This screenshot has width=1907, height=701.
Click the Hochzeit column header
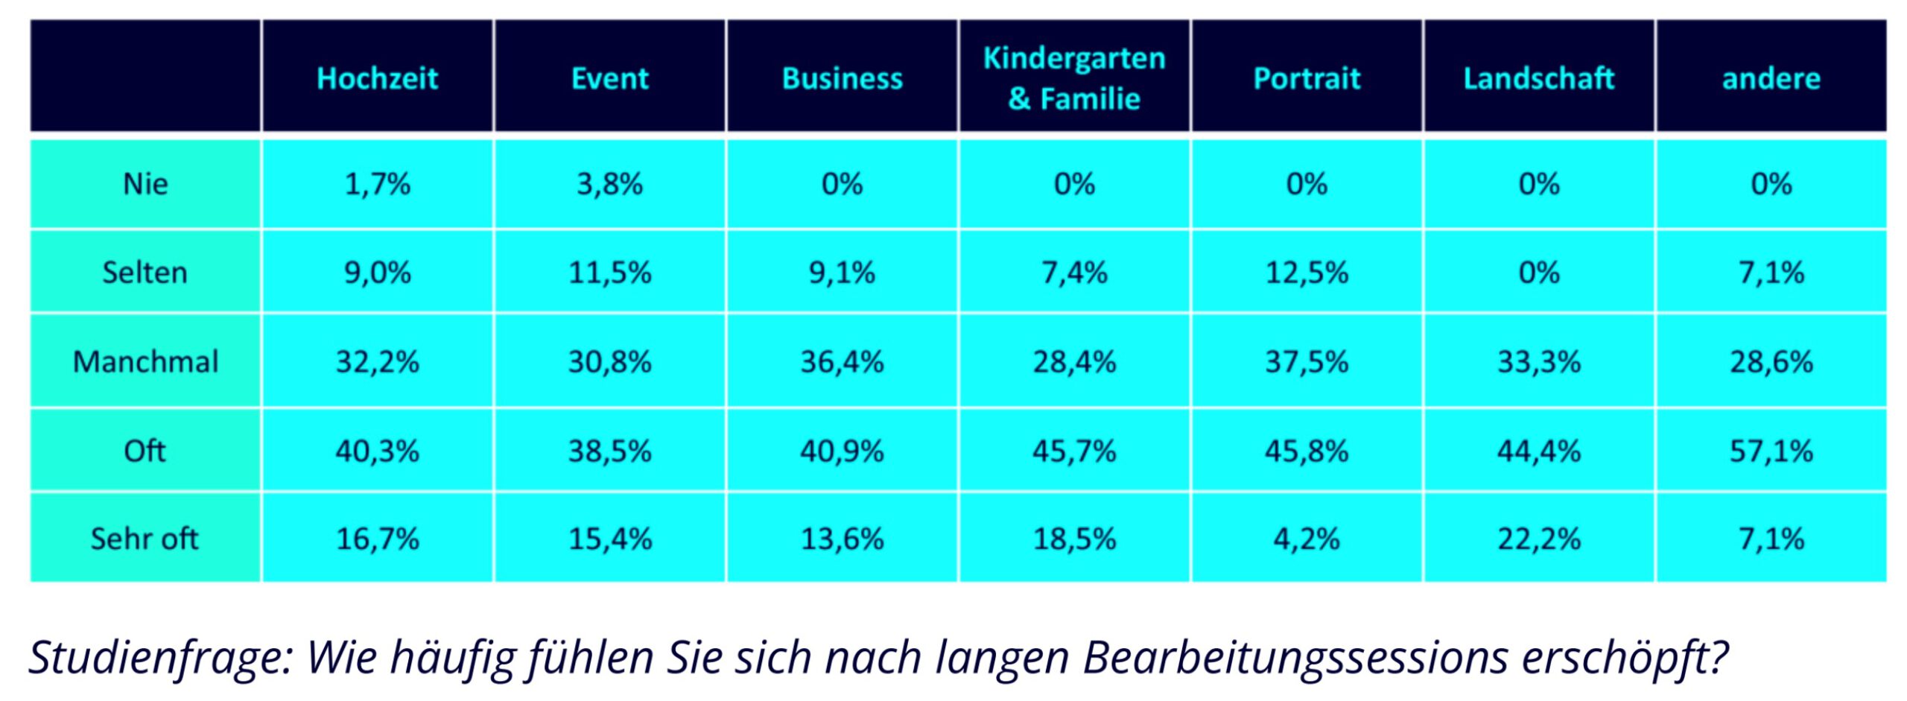[377, 78]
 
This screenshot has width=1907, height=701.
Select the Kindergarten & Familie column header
[1074, 78]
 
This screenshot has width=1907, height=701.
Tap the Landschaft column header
[1538, 78]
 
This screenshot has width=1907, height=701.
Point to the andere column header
[1771, 78]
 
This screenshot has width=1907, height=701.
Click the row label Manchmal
[145, 362]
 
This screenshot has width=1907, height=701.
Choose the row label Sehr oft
[145, 539]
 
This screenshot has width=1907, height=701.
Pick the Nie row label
[145, 184]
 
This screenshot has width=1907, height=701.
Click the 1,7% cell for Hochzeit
[377, 184]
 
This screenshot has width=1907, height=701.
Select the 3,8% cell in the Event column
[609, 184]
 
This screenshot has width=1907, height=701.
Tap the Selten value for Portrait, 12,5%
[1307, 273]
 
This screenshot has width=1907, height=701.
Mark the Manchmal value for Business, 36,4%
[842, 362]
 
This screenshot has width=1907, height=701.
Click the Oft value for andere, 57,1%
[1771, 451]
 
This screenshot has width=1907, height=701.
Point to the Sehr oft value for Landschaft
[1538, 539]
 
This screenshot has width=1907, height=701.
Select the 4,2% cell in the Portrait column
[1307, 539]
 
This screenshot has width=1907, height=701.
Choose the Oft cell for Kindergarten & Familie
[1074, 451]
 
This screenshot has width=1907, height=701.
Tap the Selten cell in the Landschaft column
[1538, 273]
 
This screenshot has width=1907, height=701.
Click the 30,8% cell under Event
[609, 362]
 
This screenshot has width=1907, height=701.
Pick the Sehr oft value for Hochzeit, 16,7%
[377, 539]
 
